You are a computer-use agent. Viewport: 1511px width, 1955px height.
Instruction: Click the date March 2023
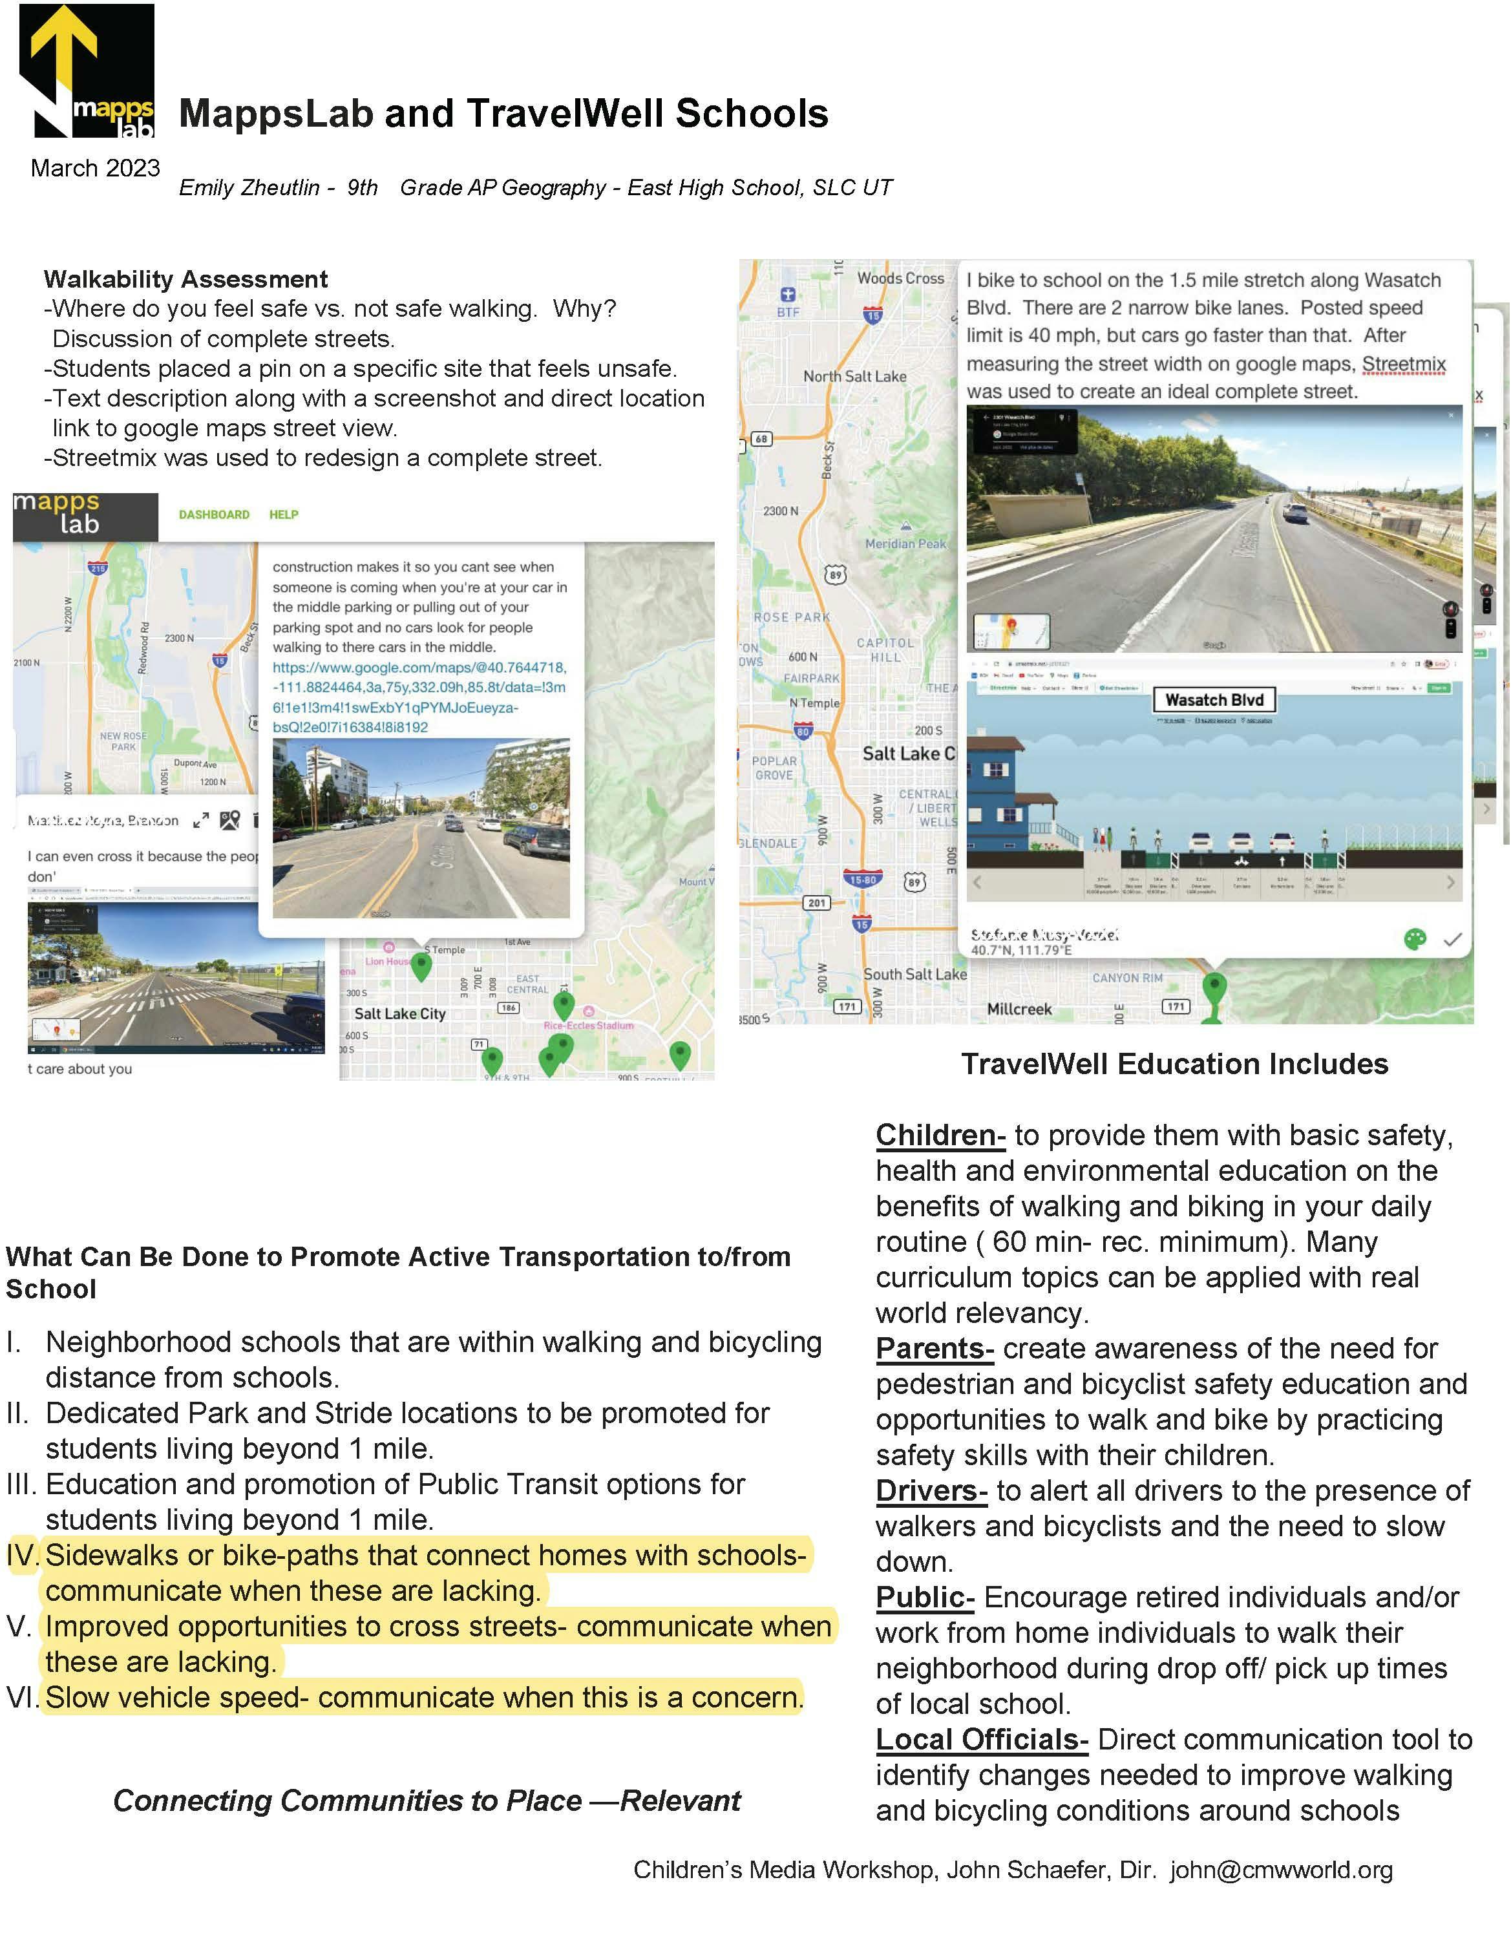(95, 168)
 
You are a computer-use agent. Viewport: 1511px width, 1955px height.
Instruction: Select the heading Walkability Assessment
(185, 279)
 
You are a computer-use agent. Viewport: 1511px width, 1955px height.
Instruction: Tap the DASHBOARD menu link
(214, 514)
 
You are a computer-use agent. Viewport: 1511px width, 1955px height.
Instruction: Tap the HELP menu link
(284, 514)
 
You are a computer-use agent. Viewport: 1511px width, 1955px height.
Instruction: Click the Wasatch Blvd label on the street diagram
(1214, 700)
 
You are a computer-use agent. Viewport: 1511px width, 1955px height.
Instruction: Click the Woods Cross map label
(900, 279)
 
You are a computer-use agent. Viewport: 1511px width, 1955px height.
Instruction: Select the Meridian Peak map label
(904, 544)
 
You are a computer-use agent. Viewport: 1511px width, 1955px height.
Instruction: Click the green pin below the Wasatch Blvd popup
(1213, 992)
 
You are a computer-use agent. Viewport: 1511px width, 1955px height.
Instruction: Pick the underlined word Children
(939, 1135)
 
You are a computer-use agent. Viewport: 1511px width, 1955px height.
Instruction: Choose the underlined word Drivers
(931, 1490)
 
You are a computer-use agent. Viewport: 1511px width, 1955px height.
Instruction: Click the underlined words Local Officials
(981, 1739)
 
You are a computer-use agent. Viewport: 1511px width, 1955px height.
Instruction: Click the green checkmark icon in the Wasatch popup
(1452, 940)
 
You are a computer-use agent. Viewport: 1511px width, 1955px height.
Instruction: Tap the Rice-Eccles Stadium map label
(588, 1026)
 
